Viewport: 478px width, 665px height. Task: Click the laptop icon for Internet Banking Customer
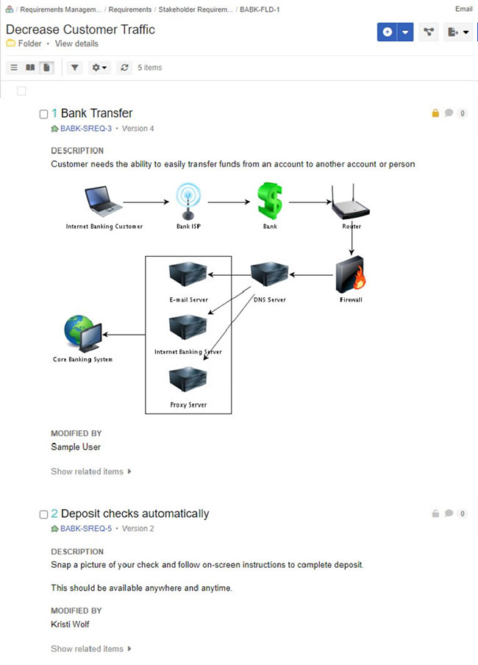coord(103,201)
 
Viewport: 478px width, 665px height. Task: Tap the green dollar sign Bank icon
coord(269,201)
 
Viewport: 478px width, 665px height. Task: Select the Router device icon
coord(351,202)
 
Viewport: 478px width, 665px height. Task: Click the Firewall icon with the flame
coord(350,275)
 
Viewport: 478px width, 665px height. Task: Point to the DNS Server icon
coord(269,277)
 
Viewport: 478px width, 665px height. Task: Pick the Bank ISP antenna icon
coord(188,202)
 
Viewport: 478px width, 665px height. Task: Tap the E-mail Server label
coord(188,300)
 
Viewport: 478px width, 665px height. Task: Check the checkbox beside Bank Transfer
coord(43,114)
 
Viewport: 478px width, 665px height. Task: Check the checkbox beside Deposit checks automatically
coord(43,514)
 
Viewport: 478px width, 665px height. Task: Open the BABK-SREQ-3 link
coord(86,129)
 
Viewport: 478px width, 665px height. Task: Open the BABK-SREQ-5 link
coord(86,529)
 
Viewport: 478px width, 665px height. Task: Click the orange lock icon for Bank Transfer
coord(435,113)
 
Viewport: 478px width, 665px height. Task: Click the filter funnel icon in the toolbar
coord(74,68)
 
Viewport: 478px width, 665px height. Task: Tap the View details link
coord(76,44)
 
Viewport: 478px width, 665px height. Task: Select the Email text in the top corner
coord(464,10)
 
